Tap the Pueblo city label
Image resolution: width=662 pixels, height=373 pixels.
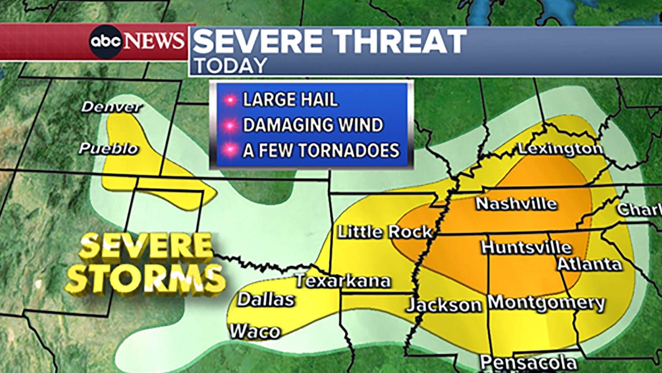click(108, 148)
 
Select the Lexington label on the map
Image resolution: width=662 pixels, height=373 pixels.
click(560, 149)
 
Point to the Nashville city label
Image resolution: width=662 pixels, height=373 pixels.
click(516, 203)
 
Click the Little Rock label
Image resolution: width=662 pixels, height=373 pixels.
click(385, 232)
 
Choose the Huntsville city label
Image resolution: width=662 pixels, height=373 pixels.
click(526, 247)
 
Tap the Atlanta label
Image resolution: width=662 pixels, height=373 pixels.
click(589, 264)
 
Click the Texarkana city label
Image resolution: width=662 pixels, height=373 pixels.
click(343, 281)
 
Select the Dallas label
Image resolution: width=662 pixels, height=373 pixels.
click(266, 299)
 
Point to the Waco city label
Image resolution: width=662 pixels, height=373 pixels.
click(255, 331)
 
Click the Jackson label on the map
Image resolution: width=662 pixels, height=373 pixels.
click(444, 305)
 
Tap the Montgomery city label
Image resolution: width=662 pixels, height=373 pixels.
click(546, 303)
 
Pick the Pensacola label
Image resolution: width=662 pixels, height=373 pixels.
click(528, 363)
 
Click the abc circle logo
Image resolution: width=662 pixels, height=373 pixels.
click(106, 41)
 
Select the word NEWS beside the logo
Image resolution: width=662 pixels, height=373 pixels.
click(154, 41)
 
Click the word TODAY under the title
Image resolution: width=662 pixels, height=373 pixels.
click(231, 66)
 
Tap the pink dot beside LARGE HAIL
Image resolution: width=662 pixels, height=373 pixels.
click(230, 100)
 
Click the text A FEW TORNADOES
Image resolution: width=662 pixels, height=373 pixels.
click(321, 150)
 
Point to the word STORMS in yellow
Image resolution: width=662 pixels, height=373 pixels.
click(146, 279)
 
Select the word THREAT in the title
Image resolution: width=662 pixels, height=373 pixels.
click(400, 41)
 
